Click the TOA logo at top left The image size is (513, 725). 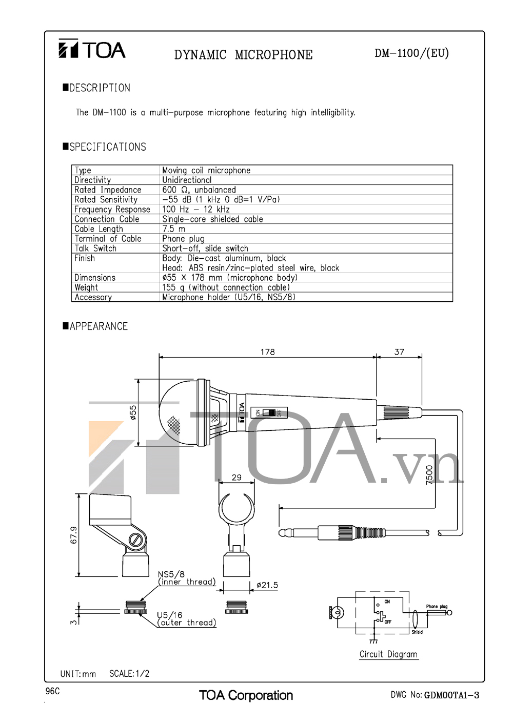pyautogui.click(x=91, y=50)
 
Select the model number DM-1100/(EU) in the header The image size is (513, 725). pyautogui.click(x=411, y=53)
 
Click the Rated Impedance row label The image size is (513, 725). pyautogui.click(x=108, y=190)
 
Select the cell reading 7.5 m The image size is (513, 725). pyautogui.click(x=174, y=229)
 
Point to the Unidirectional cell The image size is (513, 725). pyautogui.click(x=187, y=180)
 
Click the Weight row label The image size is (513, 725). pyautogui.click(x=86, y=287)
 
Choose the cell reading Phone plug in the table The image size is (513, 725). pyautogui.click(x=183, y=238)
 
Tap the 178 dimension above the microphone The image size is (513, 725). pyautogui.click(x=267, y=352)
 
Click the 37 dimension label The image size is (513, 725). pyautogui.click(x=399, y=352)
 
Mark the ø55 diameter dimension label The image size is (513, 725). pyautogui.click(x=133, y=413)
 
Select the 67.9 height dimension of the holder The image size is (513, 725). pyautogui.click(x=73, y=535)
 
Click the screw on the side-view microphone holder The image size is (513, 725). pyautogui.click(x=135, y=540)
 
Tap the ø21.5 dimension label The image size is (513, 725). pyautogui.click(x=267, y=585)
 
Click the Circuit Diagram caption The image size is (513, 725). pyautogui.click(x=388, y=654)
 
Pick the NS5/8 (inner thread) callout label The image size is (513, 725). pyautogui.click(x=186, y=578)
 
